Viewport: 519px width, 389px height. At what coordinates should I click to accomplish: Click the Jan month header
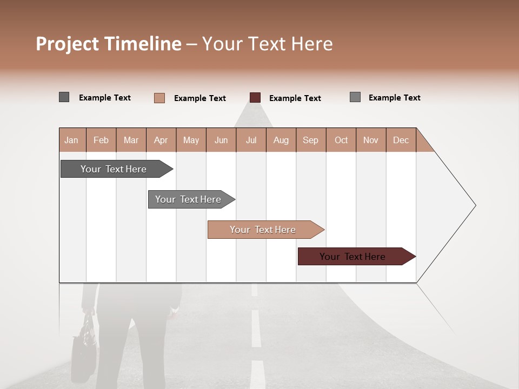[x=71, y=140]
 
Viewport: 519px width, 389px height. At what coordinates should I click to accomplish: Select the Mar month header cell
[x=131, y=140]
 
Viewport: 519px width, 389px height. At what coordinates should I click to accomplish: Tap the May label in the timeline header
[x=191, y=140]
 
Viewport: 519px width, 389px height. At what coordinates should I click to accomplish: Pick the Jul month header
[x=251, y=140]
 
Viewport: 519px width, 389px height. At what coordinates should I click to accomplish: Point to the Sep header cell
[x=310, y=140]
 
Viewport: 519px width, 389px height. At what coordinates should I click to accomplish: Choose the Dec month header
[x=401, y=140]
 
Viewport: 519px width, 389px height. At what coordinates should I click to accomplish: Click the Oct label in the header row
[x=341, y=140]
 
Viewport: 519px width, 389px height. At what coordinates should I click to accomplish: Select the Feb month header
[x=101, y=140]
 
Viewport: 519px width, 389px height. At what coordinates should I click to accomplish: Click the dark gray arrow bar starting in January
[x=114, y=169]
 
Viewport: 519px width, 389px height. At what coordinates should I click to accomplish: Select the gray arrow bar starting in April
[x=188, y=199]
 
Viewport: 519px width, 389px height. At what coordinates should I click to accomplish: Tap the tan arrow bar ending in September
[x=263, y=230]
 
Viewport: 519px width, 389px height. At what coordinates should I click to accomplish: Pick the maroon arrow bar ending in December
[x=352, y=257]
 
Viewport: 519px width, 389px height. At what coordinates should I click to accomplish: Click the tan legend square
[x=159, y=98]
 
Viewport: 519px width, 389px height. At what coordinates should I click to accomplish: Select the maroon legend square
[x=255, y=97]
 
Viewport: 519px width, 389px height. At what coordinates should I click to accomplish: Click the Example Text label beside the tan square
[x=200, y=98]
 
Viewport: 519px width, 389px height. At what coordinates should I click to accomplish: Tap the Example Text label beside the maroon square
[x=295, y=98]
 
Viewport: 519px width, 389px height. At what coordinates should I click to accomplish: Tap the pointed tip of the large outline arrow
[x=475, y=205]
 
